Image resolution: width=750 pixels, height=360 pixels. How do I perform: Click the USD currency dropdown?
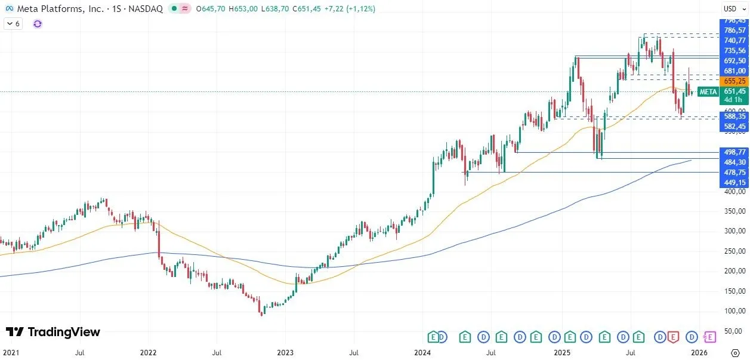click(731, 8)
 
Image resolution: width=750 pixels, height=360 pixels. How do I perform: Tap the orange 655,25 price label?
click(734, 81)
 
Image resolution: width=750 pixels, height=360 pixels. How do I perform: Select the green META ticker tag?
click(708, 91)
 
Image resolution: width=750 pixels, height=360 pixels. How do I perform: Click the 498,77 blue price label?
click(734, 152)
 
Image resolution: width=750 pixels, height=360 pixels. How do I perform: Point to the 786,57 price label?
click(734, 30)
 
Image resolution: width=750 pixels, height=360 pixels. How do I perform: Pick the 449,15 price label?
click(734, 183)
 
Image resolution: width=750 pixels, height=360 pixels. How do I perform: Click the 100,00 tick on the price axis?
click(734, 311)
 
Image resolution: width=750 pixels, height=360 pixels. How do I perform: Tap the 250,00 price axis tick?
click(734, 251)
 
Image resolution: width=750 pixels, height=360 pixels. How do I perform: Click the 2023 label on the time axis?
click(285, 353)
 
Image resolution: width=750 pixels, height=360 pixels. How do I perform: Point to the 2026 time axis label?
click(699, 353)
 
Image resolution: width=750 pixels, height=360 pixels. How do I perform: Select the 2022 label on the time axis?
click(148, 353)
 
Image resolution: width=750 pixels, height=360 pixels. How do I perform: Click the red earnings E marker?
click(673, 337)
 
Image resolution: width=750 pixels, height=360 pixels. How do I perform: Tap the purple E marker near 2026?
click(710, 337)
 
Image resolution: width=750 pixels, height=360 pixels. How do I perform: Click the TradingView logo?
click(53, 332)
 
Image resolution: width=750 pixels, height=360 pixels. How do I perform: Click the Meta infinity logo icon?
click(10, 9)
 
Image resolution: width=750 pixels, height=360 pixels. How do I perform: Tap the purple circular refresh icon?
click(38, 23)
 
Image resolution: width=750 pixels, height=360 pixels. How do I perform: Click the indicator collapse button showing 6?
click(13, 23)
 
